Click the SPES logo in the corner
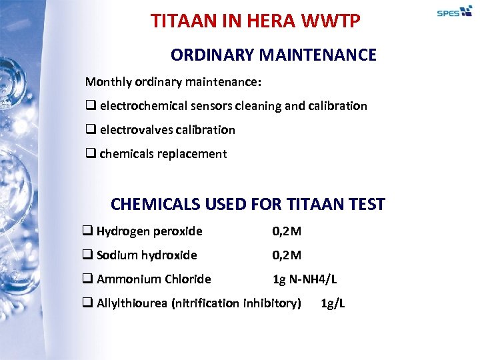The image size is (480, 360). coord(454,12)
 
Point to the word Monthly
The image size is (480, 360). coord(107,82)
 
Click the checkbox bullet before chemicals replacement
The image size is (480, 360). coord(90,154)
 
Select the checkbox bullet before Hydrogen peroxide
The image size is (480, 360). coord(87,231)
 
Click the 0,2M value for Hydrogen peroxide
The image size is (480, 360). coord(287,231)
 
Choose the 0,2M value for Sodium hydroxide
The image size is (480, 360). coord(287,255)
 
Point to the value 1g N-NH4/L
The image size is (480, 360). coord(305,279)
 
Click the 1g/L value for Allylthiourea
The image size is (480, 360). coord(333,303)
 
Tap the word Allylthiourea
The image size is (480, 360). coord(132,303)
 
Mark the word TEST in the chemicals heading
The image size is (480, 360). coord(365,204)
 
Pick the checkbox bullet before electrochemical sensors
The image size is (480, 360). coord(90,106)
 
